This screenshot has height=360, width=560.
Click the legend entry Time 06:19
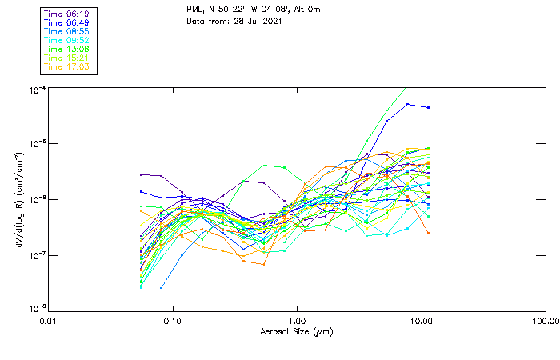point(67,14)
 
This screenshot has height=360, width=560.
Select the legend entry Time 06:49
point(67,22)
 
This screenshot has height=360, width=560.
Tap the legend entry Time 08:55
point(67,31)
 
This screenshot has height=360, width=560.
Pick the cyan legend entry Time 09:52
point(67,40)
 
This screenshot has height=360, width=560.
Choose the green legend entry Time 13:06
point(67,49)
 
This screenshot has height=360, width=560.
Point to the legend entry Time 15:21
point(67,58)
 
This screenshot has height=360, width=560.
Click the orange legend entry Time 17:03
point(67,66)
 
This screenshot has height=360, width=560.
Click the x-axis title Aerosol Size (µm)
point(296,331)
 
